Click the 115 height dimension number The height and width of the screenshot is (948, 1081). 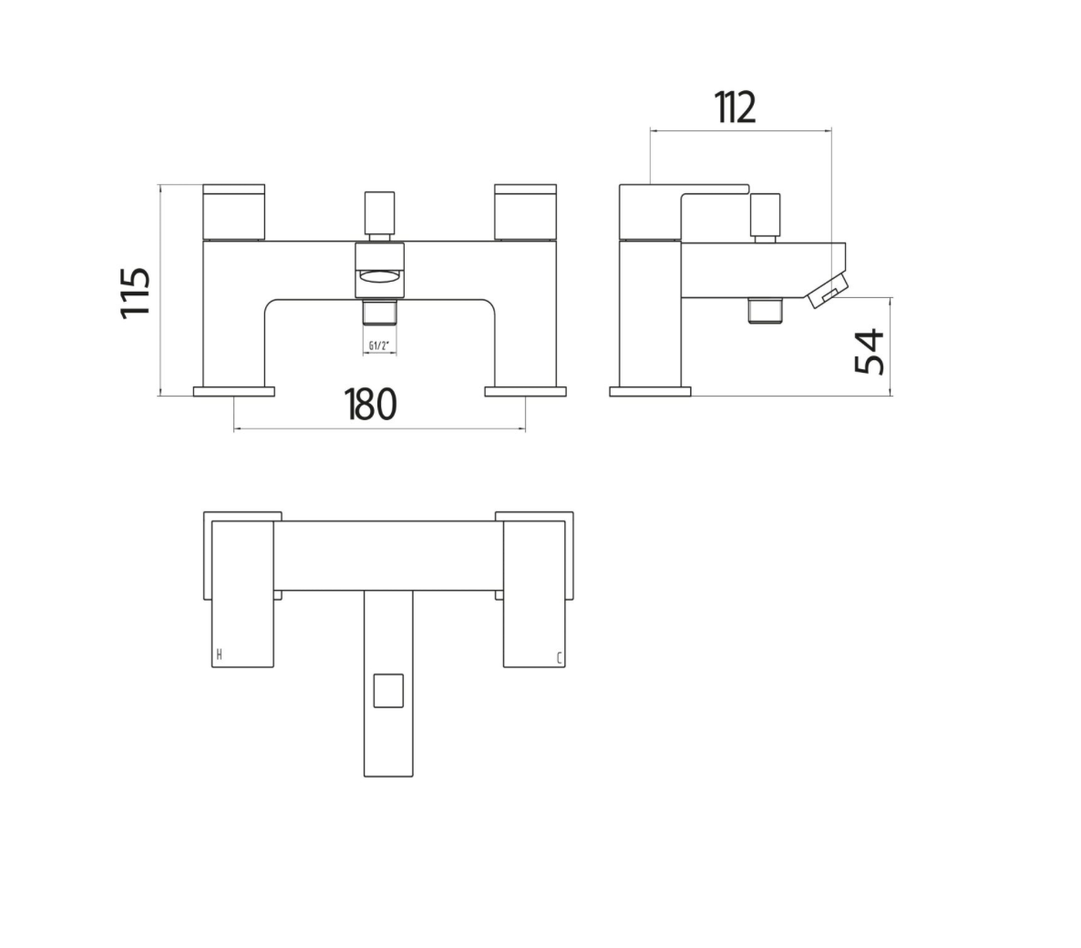pyautogui.click(x=137, y=292)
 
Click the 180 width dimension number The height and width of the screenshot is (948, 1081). pyautogui.click(x=371, y=404)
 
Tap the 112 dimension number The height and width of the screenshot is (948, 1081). pyautogui.click(x=736, y=108)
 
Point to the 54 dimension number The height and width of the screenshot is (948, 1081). pyautogui.click(x=871, y=351)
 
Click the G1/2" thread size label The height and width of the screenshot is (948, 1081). pyautogui.click(x=380, y=345)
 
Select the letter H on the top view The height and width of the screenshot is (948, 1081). pyautogui.click(x=219, y=654)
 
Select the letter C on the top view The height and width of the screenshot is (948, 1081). pyautogui.click(x=559, y=656)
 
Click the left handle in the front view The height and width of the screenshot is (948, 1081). pyautogui.click(x=233, y=211)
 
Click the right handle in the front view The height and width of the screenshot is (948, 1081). pyautogui.click(x=525, y=211)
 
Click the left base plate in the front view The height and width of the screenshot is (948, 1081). pyautogui.click(x=234, y=391)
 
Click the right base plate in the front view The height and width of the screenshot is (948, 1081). pyautogui.click(x=526, y=391)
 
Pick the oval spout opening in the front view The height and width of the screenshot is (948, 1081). pyautogui.click(x=380, y=277)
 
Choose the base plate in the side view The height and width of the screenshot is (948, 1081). pyautogui.click(x=650, y=391)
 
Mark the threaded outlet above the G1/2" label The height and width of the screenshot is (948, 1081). pyautogui.click(x=380, y=314)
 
